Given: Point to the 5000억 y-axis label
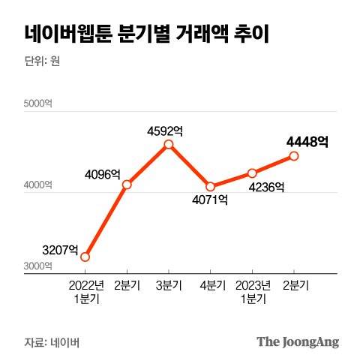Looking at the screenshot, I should pyautogui.click(x=37, y=104).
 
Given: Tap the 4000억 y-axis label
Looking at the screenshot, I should pyautogui.click(x=37, y=185).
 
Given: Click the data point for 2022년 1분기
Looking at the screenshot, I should pyautogui.click(x=85, y=257).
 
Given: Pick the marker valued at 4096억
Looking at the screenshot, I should pyautogui.click(x=127, y=185).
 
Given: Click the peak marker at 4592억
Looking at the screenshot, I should pyautogui.click(x=169, y=144).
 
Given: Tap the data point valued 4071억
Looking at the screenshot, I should pyautogui.click(x=211, y=186).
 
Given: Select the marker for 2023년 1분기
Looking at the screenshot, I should pyautogui.click(x=252, y=173).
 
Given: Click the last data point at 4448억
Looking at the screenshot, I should pyautogui.click(x=294, y=156).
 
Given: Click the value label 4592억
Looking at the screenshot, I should pyautogui.click(x=165, y=131).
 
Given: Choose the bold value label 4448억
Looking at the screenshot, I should pyautogui.click(x=307, y=141).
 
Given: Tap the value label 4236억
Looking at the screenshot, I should pyautogui.click(x=266, y=187).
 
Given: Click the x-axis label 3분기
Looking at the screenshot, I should pyautogui.click(x=169, y=285).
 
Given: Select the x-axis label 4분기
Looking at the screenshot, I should pyautogui.click(x=211, y=285).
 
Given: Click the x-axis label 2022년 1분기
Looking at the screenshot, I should pyautogui.click(x=85, y=292).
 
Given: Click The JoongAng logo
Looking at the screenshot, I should pyautogui.click(x=298, y=341).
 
